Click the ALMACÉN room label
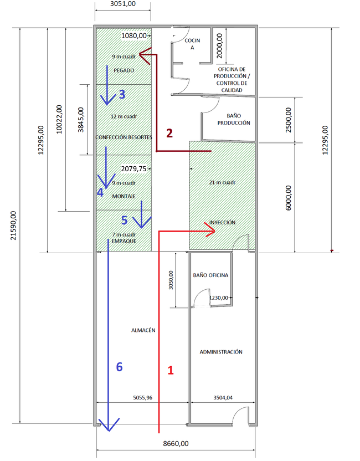[143, 330]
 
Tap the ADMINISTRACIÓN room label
[221, 352]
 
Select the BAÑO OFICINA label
[210, 275]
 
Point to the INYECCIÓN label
[222, 222]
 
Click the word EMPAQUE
[124, 241]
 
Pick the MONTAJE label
[124, 196]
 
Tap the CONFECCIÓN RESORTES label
[124, 137]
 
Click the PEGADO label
[124, 70]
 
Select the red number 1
[171, 370]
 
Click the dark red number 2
[169, 133]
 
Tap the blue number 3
[122, 94]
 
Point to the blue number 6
[119, 367]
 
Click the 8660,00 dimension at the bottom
[176, 444]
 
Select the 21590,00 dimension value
[13, 226]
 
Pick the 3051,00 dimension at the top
[123, 4]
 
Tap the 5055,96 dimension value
[143, 398]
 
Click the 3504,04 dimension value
[223, 398]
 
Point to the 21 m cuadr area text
[222, 183]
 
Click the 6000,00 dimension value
[289, 198]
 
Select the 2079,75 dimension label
[133, 169]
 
